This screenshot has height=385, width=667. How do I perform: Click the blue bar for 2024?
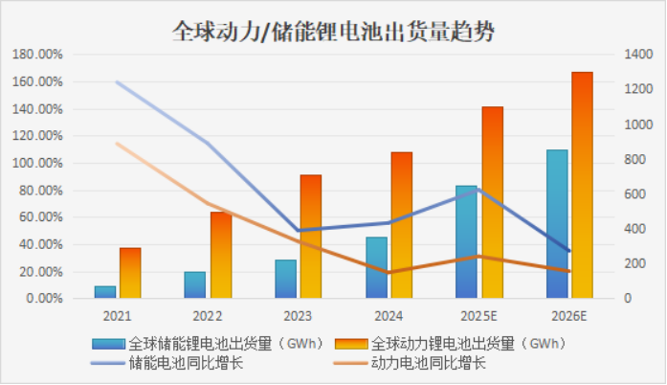[376, 267]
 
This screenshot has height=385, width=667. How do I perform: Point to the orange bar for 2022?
[221, 255]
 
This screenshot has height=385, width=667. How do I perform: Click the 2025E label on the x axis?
[478, 315]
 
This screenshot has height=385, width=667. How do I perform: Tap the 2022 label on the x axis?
[208, 315]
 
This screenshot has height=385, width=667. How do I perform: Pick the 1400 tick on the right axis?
[636, 56]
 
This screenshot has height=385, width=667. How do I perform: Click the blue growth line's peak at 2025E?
[478, 190]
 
